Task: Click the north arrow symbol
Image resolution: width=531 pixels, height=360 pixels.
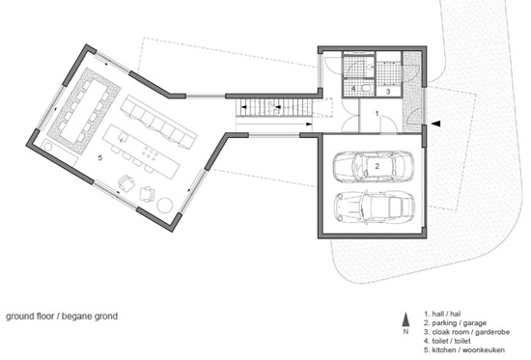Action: pyautogui.click(x=405, y=319)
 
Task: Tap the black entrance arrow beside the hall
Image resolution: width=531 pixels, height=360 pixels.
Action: pyautogui.click(x=436, y=124)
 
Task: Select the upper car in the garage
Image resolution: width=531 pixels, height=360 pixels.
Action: pyautogui.click(x=374, y=166)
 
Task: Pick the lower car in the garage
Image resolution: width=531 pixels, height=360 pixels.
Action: pyautogui.click(x=374, y=207)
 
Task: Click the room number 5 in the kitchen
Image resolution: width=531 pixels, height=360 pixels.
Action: pyautogui.click(x=99, y=158)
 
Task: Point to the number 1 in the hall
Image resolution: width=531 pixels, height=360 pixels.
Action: pyautogui.click(x=377, y=114)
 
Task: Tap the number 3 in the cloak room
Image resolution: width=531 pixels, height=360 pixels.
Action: pyautogui.click(x=388, y=92)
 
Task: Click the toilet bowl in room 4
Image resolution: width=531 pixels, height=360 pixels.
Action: pyautogui.click(x=366, y=89)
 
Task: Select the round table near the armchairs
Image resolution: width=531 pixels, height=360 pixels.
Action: pyautogui.click(x=165, y=205)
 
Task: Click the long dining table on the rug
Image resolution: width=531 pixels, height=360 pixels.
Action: pyautogui.click(x=84, y=111)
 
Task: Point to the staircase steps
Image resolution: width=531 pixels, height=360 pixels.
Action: pyautogui.click(x=274, y=108)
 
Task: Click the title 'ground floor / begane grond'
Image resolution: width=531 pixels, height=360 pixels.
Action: pyautogui.click(x=62, y=317)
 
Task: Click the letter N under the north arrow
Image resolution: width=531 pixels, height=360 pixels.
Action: pyautogui.click(x=405, y=332)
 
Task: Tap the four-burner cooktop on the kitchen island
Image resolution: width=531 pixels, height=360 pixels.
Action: pyautogui.click(x=151, y=153)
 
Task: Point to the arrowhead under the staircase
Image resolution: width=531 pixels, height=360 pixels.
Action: pyautogui.click(x=309, y=125)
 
